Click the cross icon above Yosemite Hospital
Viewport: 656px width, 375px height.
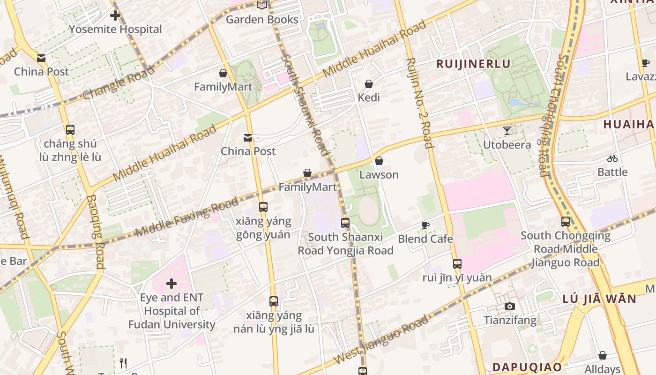click(x=115, y=15)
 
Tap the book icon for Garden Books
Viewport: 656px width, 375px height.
click(x=262, y=5)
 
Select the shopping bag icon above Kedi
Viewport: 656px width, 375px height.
click(x=369, y=84)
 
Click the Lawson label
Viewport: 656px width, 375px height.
click(x=379, y=174)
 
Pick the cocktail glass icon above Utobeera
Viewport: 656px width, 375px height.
click(x=507, y=130)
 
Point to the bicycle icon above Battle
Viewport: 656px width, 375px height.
click(x=612, y=158)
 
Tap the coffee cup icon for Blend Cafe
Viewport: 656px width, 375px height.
click(x=425, y=225)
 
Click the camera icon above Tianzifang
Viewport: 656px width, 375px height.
click(x=510, y=307)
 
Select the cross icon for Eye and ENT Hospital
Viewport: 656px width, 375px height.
click(x=172, y=283)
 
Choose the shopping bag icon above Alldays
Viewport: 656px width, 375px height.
click(x=603, y=355)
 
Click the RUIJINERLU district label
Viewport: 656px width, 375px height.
click(x=473, y=64)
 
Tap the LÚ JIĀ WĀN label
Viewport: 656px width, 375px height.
click(x=599, y=299)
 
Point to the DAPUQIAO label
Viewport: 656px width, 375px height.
click(x=527, y=367)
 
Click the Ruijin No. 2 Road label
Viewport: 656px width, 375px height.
click(x=420, y=102)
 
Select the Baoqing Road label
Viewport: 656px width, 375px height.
click(x=94, y=232)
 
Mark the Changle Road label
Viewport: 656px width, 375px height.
click(x=118, y=82)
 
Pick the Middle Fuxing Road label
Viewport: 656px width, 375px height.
click(x=186, y=217)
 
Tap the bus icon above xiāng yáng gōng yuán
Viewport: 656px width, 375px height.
click(x=263, y=207)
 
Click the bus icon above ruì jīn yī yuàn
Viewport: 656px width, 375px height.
click(x=457, y=264)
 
